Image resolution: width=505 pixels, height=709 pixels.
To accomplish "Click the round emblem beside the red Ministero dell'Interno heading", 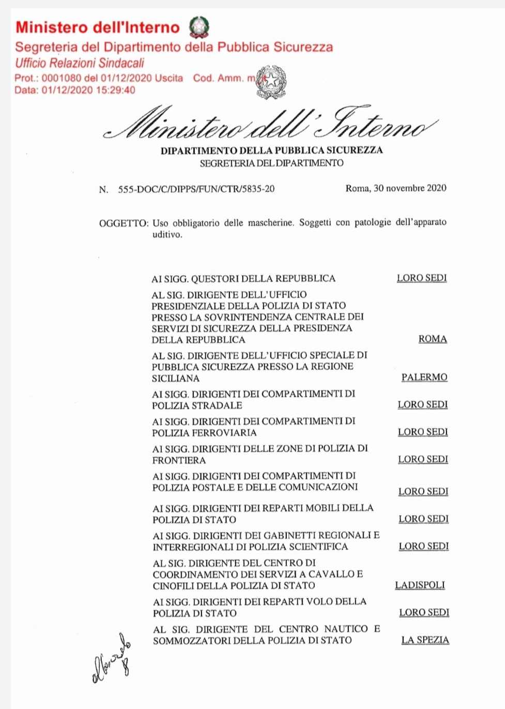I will pyautogui.click(x=198, y=26).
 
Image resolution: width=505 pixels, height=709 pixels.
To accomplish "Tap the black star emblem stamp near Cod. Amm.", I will pyautogui.click(x=271, y=82).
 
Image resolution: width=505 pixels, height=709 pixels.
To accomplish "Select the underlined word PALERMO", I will pyautogui.click(x=424, y=378).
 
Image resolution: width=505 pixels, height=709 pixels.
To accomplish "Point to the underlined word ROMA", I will pyautogui.click(x=433, y=339).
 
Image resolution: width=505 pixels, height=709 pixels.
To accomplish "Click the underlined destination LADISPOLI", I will pyautogui.click(x=420, y=585).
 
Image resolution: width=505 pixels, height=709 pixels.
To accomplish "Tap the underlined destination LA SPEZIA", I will pyautogui.click(x=425, y=640).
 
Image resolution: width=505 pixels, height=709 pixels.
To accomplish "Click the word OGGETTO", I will pyautogui.click(x=123, y=223).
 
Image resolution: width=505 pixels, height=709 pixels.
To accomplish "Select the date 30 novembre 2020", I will pyautogui.click(x=410, y=188).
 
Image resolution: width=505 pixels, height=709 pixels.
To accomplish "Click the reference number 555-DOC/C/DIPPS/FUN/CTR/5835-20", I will pyautogui.click(x=196, y=189).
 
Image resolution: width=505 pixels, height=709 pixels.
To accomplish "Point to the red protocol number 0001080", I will pyautogui.click(x=62, y=78).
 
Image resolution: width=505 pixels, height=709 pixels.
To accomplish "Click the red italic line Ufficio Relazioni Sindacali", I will pyautogui.click(x=80, y=63).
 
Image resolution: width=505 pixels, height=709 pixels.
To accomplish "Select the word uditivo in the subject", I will pyautogui.click(x=167, y=235).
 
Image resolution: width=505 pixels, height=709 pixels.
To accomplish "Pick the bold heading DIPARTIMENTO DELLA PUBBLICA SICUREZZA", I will pyautogui.click(x=271, y=150).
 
